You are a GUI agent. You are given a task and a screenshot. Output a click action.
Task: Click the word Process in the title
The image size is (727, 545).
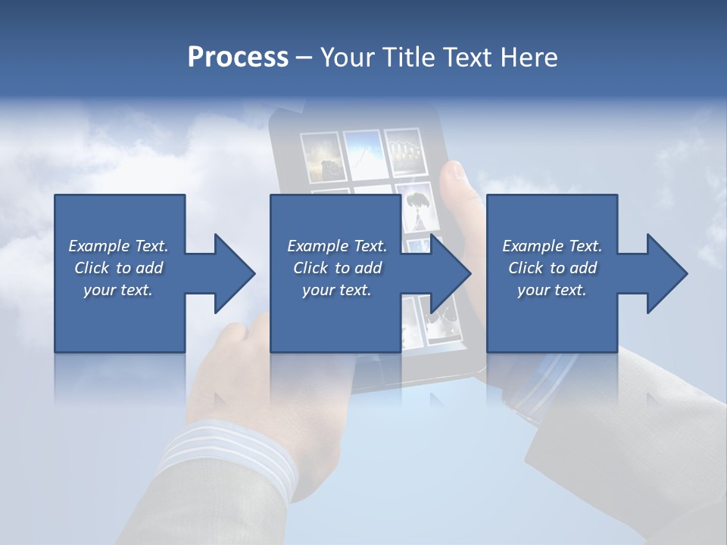pos(238,58)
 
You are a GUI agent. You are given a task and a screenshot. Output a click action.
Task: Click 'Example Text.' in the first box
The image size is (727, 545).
pos(118,246)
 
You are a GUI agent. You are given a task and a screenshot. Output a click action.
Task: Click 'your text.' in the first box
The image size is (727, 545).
pos(118,290)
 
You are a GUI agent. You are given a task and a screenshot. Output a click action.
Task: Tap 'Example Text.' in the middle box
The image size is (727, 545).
pos(337,246)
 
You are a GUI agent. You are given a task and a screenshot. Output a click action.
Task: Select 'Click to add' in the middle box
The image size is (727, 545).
pos(337,268)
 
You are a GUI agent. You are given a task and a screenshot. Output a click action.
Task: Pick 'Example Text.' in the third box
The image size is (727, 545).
pos(552,246)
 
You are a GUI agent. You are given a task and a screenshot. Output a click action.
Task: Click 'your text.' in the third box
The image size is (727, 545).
pos(552,290)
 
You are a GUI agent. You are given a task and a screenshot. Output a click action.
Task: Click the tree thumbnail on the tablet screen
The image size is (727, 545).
pos(415,207)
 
